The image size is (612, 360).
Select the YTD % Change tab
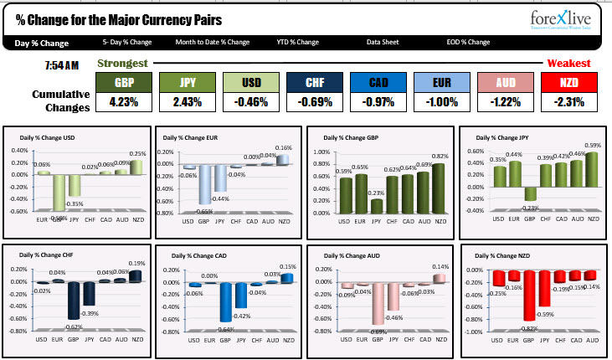click(298, 42)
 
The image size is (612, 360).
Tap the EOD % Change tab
click(467, 42)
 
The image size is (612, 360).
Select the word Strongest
click(123, 63)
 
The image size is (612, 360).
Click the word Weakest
click(569, 63)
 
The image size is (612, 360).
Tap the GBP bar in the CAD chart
click(225, 301)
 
